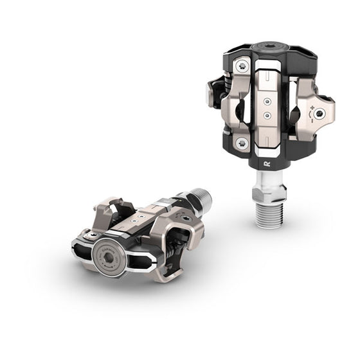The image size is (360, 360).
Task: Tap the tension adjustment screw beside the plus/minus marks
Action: click(320, 113)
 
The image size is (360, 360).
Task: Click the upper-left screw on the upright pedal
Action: click(242, 66)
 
